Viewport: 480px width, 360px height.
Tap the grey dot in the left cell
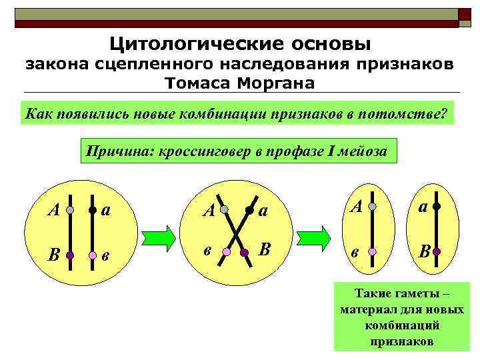pyautogui.click(x=70, y=209)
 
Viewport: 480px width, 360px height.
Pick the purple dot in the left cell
pyautogui.click(x=70, y=255)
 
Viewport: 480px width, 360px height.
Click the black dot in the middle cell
pyautogui.click(x=247, y=209)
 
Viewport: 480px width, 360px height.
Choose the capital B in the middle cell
pyautogui.click(x=265, y=250)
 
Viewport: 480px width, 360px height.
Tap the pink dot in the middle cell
pyautogui.click(x=226, y=253)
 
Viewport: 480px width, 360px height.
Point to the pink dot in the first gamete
pyautogui.click(x=373, y=252)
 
